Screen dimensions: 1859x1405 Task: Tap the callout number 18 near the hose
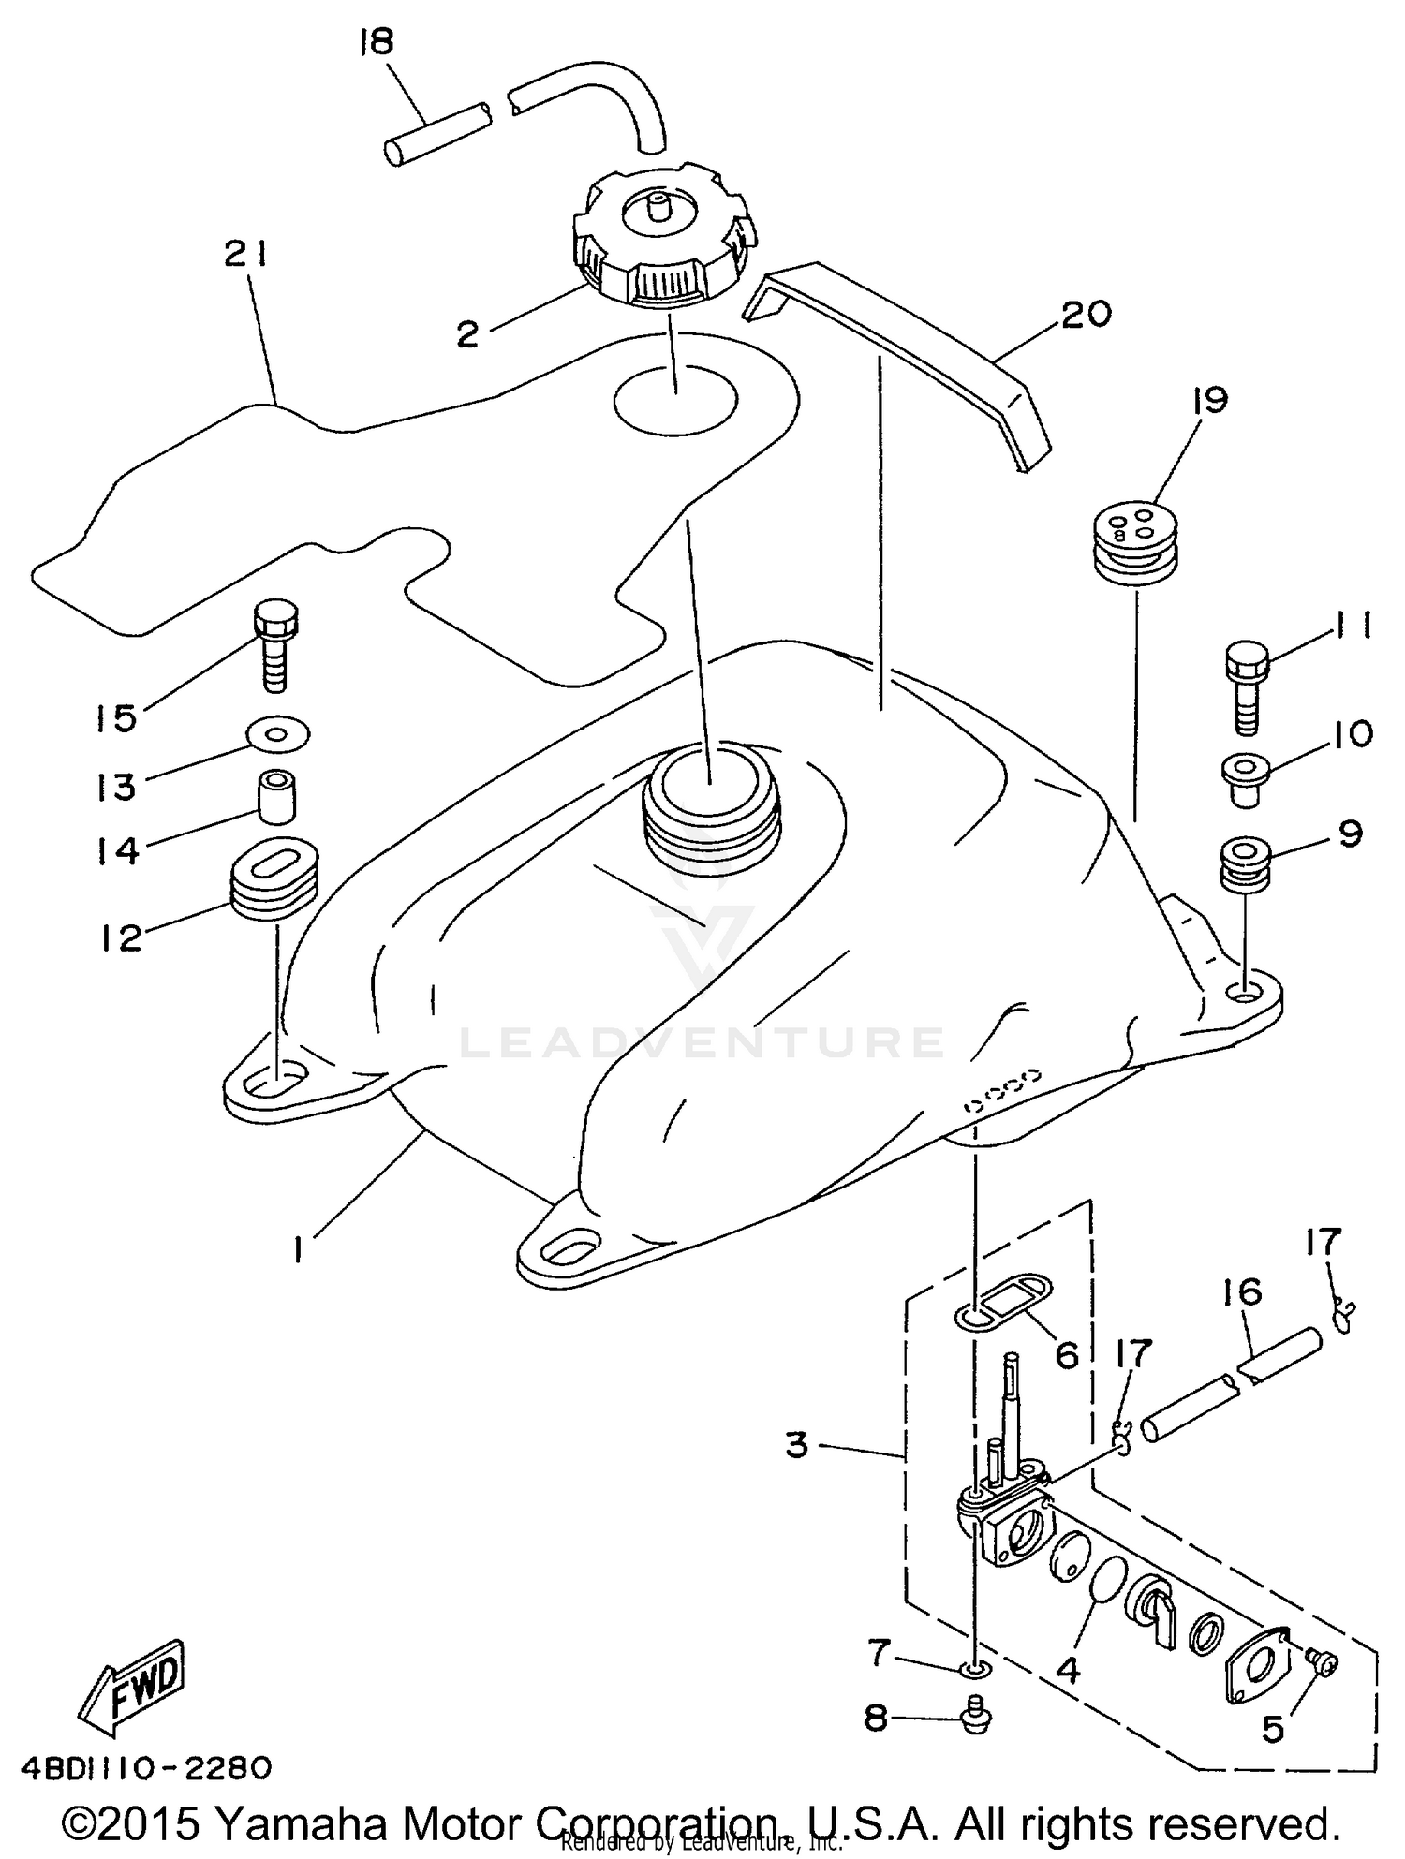tap(377, 43)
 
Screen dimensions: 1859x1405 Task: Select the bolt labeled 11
tap(1247, 686)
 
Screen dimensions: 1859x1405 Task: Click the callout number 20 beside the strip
tap(1087, 314)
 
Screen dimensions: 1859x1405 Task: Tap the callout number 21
tap(246, 255)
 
